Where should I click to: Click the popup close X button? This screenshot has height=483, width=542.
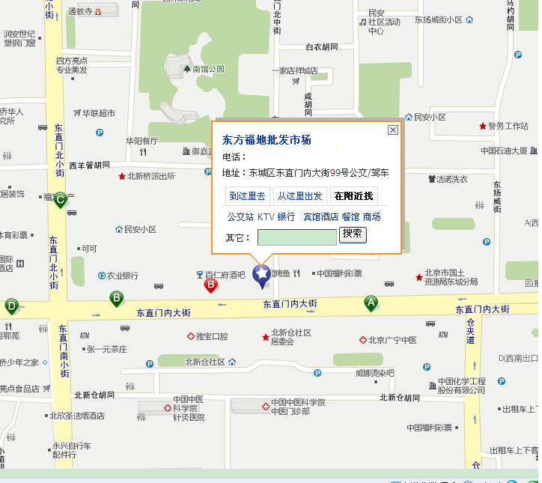point(392,130)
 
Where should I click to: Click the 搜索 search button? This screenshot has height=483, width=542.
point(353,234)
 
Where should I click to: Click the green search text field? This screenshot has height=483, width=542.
point(297,237)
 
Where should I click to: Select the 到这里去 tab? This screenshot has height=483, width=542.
point(247,196)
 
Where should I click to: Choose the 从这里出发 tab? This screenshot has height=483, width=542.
point(299,196)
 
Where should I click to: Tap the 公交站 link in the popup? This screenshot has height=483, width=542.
point(240,216)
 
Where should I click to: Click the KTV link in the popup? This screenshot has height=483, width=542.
point(266,216)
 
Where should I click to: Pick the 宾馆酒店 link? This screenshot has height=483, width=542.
point(320,216)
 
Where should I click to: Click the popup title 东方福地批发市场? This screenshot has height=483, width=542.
point(267,140)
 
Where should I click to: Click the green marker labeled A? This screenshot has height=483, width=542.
point(371,303)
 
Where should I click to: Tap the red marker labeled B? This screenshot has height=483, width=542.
point(211,284)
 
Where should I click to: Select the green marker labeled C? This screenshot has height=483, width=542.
point(61,200)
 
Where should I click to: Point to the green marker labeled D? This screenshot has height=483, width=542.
point(11,306)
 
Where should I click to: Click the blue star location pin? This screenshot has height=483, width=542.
point(262,276)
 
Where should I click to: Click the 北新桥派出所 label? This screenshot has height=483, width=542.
point(150,177)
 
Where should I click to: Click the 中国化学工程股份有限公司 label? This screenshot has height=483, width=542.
point(461,386)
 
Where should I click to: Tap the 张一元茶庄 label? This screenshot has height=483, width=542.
point(107,349)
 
